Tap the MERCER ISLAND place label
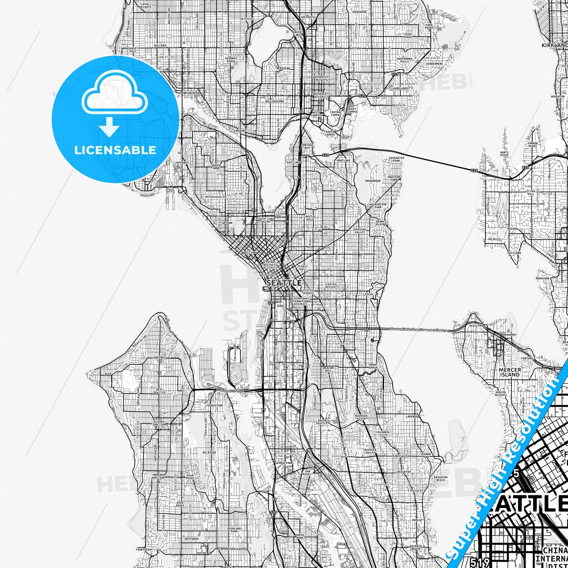[x=509, y=372]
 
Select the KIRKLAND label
[x=554, y=46]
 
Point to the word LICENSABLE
[x=115, y=150]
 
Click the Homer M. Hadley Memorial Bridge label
[x=418, y=329]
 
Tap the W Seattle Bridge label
[x=230, y=390]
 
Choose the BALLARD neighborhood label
[x=160, y=46]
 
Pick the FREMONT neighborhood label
[x=240, y=131]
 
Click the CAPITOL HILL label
[x=309, y=218]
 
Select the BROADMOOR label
[x=373, y=181]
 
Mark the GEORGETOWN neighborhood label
[x=283, y=463]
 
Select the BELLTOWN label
[x=250, y=253]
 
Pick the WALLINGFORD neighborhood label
[x=275, y=101]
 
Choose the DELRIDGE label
[x=209, y=452]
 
